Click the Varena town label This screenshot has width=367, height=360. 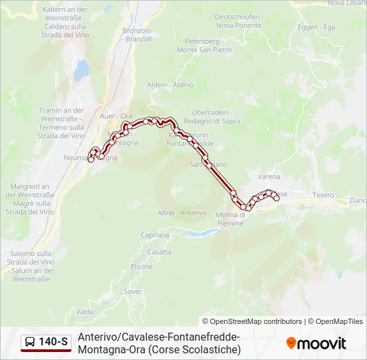tap(269, 177)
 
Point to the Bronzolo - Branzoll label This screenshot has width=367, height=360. tap(138, 35)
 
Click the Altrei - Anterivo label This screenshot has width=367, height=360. tap(182, 213)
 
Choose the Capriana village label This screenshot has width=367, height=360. tap(155, 235)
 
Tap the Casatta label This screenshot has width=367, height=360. tap(159, 252)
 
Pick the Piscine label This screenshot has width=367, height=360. tap(141, 267)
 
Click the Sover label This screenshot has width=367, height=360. tap(133, 291)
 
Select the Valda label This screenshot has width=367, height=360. tap(85, 312)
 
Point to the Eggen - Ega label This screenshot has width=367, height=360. tap(316, 27)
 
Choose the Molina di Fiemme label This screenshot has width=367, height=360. tap(232, 219)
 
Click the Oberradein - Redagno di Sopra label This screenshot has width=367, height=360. tap(216, 116)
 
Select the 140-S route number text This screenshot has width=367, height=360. tap(53, 343)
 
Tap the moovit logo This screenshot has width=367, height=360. tap(316, 343)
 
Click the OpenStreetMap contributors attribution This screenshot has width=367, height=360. tap(252, 321)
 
